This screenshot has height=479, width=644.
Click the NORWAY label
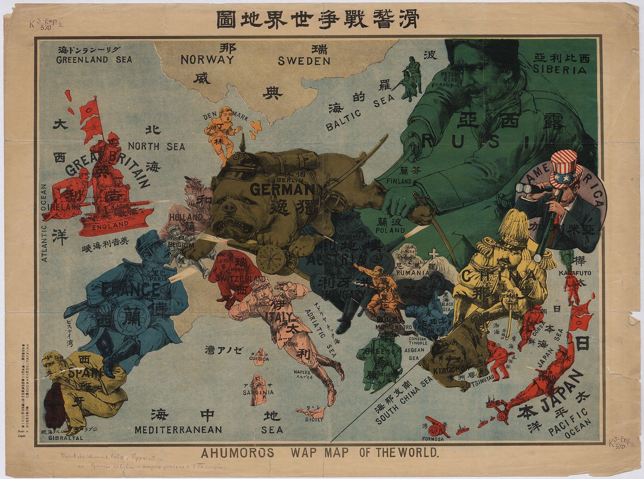coord(207,59)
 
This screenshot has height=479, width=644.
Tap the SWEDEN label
coord(304,61)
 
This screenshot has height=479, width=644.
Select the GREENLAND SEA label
coord(94,59)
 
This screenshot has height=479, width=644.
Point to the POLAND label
coord(390,231)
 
